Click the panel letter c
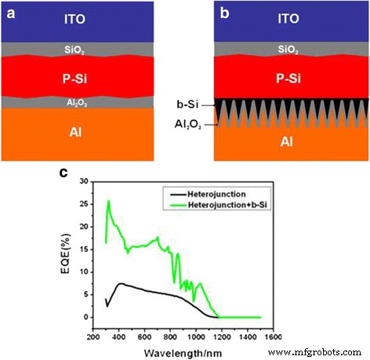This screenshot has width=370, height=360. tap(63, 172)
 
